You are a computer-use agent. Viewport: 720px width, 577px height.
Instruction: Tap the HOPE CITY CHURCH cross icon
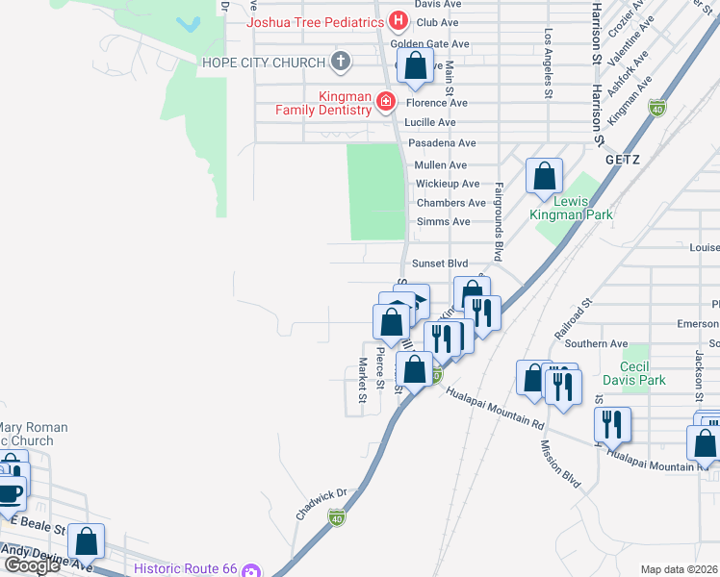[x=339, y=63]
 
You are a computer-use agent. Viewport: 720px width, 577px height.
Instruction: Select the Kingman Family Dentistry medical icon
[x=385, y=100]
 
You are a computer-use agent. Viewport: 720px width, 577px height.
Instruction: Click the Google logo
[x=32, y=565]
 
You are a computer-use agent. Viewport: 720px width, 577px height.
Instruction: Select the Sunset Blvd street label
[x=439, y=263]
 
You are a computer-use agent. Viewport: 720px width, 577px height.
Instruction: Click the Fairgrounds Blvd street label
[x=499, y=222]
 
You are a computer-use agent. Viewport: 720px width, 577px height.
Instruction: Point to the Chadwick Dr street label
[x=321, y=504]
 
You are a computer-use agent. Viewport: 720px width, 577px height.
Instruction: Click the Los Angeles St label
[x=549, y=63]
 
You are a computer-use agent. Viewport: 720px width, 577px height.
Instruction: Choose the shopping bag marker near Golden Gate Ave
[x=415, y=67]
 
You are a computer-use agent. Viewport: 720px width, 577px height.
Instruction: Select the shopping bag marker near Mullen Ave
[x=544, y=177]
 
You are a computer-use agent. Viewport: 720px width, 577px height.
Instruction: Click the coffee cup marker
[x=9, y=494]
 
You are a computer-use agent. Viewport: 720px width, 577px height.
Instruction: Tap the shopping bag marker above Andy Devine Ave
[x=88, y=541]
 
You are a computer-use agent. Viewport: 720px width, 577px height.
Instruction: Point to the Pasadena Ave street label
[x=442, y=142]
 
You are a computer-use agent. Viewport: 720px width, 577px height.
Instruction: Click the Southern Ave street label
[x=597, y=343]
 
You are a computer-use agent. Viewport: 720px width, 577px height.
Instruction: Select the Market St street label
[x=363, y=379]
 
